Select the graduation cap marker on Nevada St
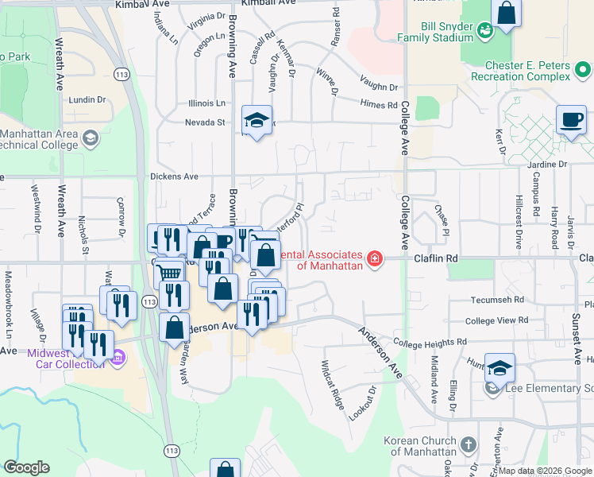(256, 121)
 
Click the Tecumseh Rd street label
(496, 300)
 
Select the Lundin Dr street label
(87, 99)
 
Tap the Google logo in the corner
(27, 467)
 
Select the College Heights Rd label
(429, 343)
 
